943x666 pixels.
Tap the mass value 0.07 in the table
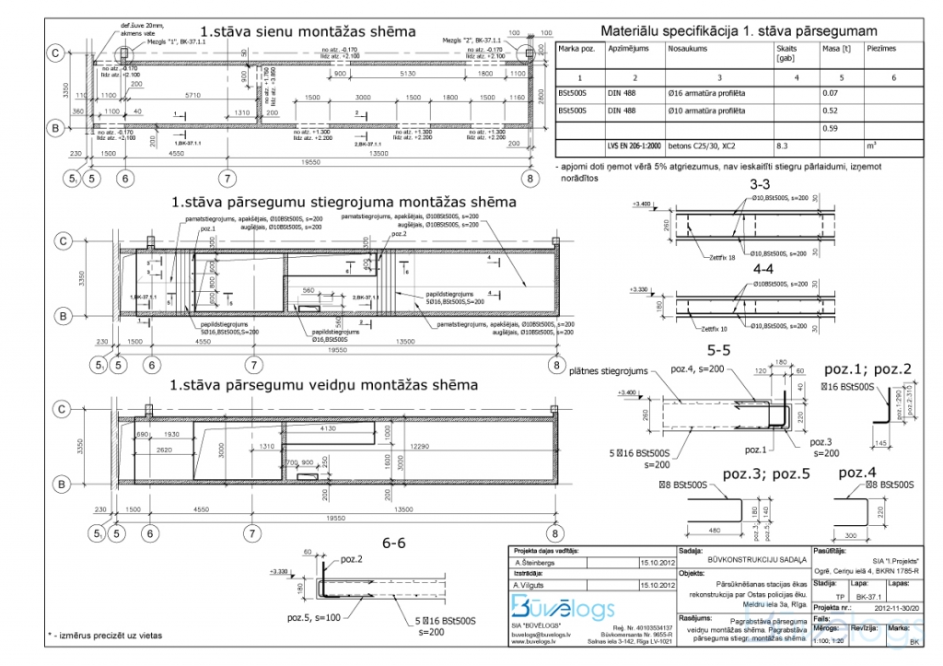tap(830, 93)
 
